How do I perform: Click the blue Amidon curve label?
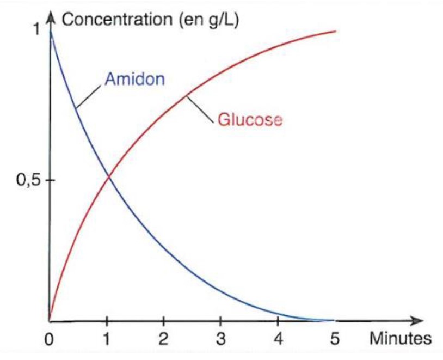click(x=134, y=80)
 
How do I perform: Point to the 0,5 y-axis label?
click(x=27, y=181)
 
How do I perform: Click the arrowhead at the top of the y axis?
click(x=50, y=17)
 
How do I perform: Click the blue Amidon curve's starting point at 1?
click(x=51, y=31)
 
